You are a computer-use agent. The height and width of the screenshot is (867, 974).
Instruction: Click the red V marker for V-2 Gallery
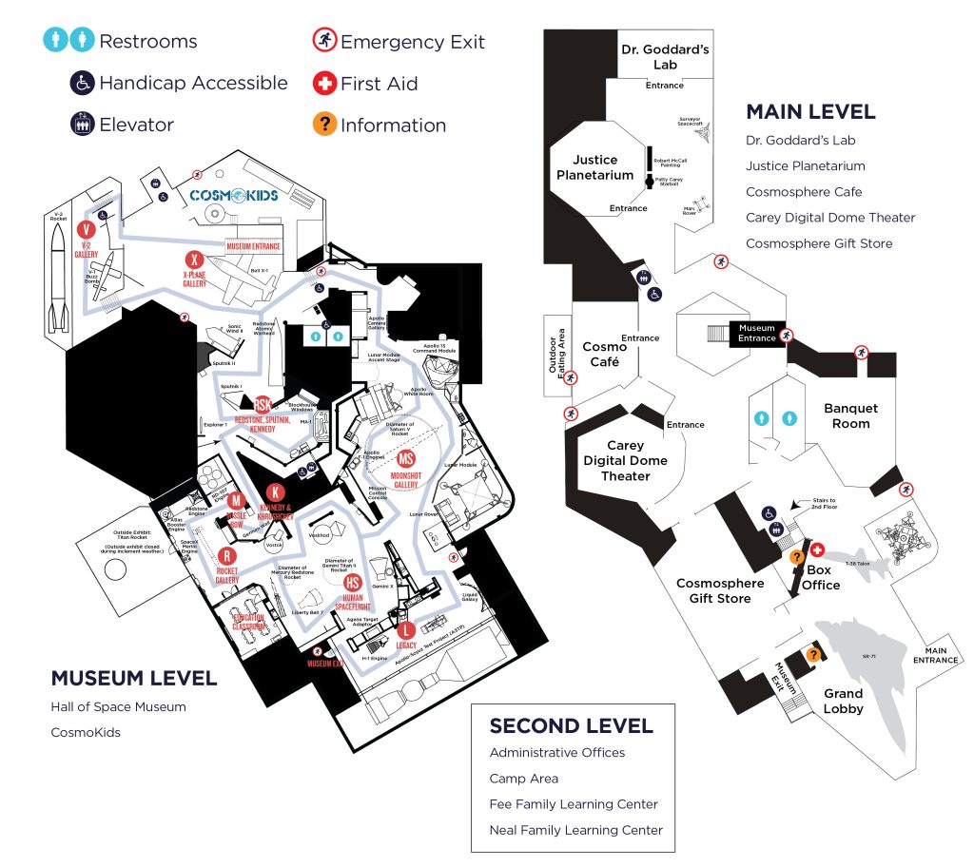click(87, 230)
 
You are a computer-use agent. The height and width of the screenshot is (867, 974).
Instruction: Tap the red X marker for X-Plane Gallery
click(194, 260)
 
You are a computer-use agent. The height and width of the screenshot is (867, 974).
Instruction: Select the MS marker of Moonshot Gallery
click(406, 457)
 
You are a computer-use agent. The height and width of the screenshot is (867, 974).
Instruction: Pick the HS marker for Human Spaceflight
click(352, 582)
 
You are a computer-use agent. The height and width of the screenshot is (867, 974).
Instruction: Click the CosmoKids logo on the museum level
click(233, 195)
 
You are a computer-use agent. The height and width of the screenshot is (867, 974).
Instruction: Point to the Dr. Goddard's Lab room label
click(665, 57)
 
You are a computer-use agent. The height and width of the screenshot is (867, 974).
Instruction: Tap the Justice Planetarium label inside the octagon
click(595, 167)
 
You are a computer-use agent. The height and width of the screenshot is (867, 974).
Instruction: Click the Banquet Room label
click(850, 415)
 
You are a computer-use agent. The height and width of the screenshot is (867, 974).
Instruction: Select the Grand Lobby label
click(843, 701)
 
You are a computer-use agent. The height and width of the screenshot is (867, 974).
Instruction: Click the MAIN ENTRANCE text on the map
click(937, 655)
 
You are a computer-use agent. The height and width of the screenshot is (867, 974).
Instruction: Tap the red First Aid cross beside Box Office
click(816, 551)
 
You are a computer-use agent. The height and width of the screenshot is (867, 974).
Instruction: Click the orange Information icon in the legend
click(324, 125)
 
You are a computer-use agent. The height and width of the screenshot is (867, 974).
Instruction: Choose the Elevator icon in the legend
click(83, 125)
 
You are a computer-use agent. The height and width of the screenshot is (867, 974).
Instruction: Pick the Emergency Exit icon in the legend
click(324, 41)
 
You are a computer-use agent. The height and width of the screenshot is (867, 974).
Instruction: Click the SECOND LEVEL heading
click(571, 726)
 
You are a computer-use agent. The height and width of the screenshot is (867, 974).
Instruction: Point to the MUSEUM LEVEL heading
click(134, 679)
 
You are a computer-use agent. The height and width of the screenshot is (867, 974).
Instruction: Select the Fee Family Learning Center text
click(574, 804)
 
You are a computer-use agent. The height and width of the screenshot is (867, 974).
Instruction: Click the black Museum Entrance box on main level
click(757, 333)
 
